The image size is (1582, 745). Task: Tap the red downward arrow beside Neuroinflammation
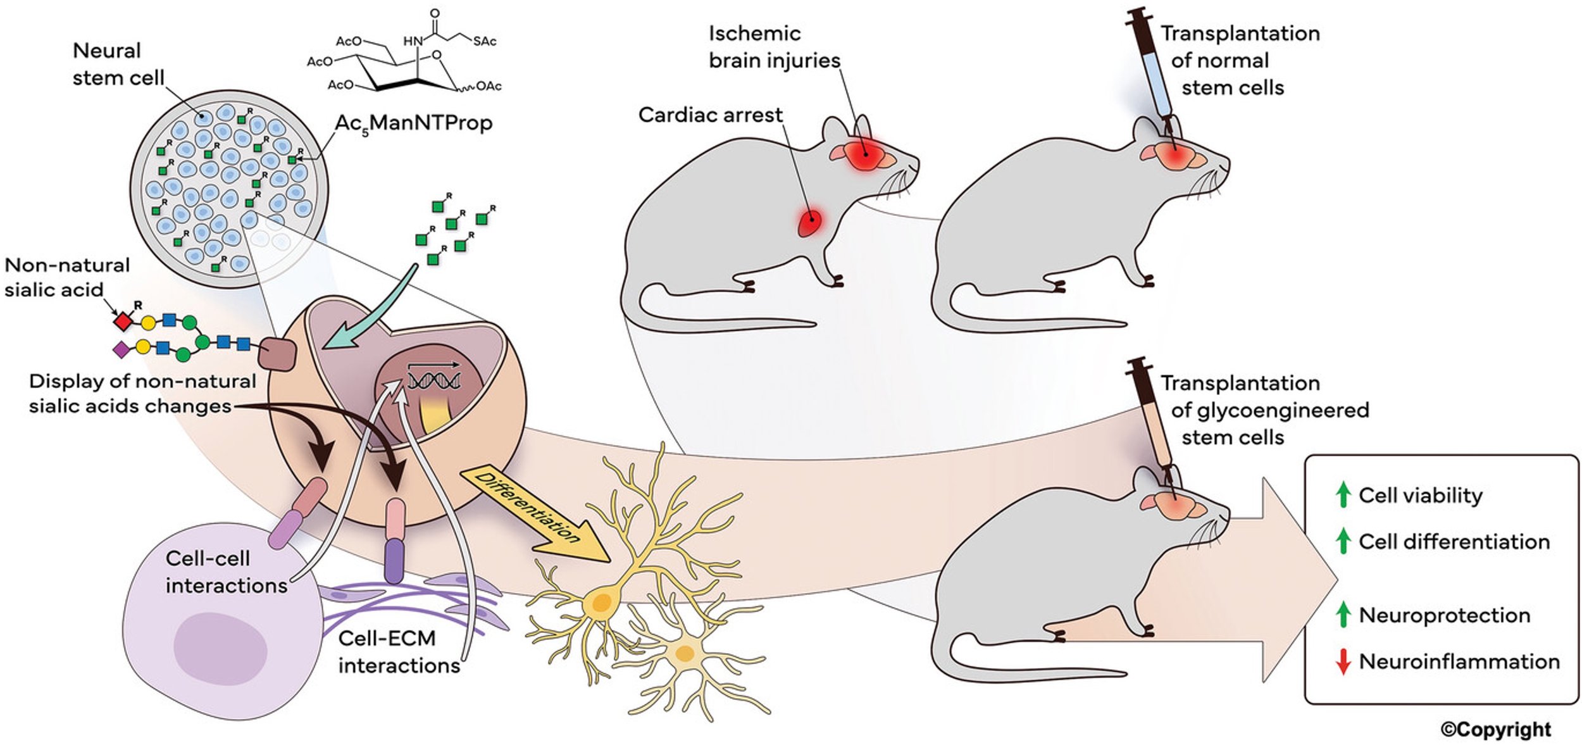tap(1342, 662)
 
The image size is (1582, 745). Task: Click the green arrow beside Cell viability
tap(1342, 494)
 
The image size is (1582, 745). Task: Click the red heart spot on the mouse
tap(809, 223)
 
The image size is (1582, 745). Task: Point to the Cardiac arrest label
tap(710, 115)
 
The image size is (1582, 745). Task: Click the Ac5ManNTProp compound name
tap(413, 123)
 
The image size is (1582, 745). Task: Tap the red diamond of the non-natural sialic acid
tap(123, 322)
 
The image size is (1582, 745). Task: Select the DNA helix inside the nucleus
tap(433, 380)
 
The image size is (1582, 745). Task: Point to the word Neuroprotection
tap(1444, 615)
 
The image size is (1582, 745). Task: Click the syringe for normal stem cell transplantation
tap(1153, 70)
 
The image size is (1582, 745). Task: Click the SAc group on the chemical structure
tap(484, 41)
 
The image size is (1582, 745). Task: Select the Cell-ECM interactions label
tap(399, 652)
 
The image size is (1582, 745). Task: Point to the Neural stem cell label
tap(118, 64)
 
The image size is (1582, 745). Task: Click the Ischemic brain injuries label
tap(773, 47)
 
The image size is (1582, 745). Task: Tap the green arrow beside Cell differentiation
tap(1342, 541)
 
